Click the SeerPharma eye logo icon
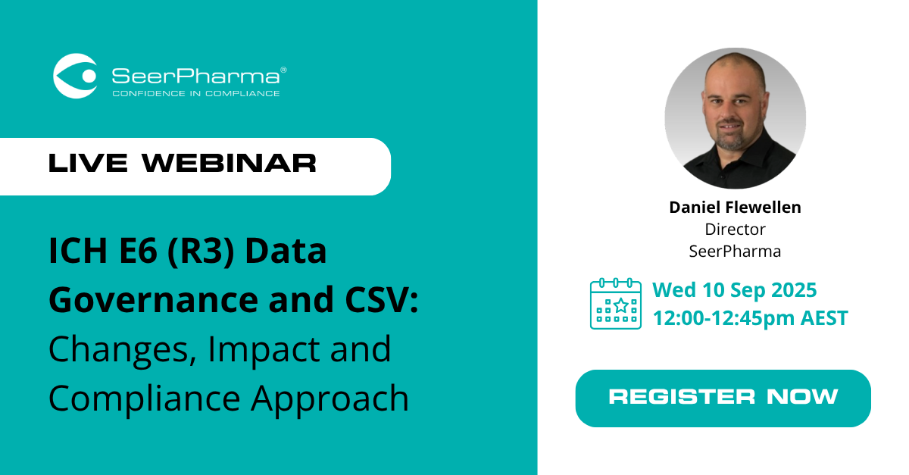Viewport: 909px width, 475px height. point(75,76)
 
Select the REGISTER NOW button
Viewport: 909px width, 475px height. point(723,396)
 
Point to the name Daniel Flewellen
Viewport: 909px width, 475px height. point(735,208)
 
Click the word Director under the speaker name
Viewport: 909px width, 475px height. point(735,229)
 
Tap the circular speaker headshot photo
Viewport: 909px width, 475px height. point(735,117)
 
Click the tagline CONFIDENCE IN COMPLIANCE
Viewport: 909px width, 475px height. point(195,94)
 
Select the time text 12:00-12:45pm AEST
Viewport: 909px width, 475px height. point(750,317)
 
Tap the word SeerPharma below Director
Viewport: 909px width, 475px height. point(735,250)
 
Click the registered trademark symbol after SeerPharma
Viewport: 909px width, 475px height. point(283,70)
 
